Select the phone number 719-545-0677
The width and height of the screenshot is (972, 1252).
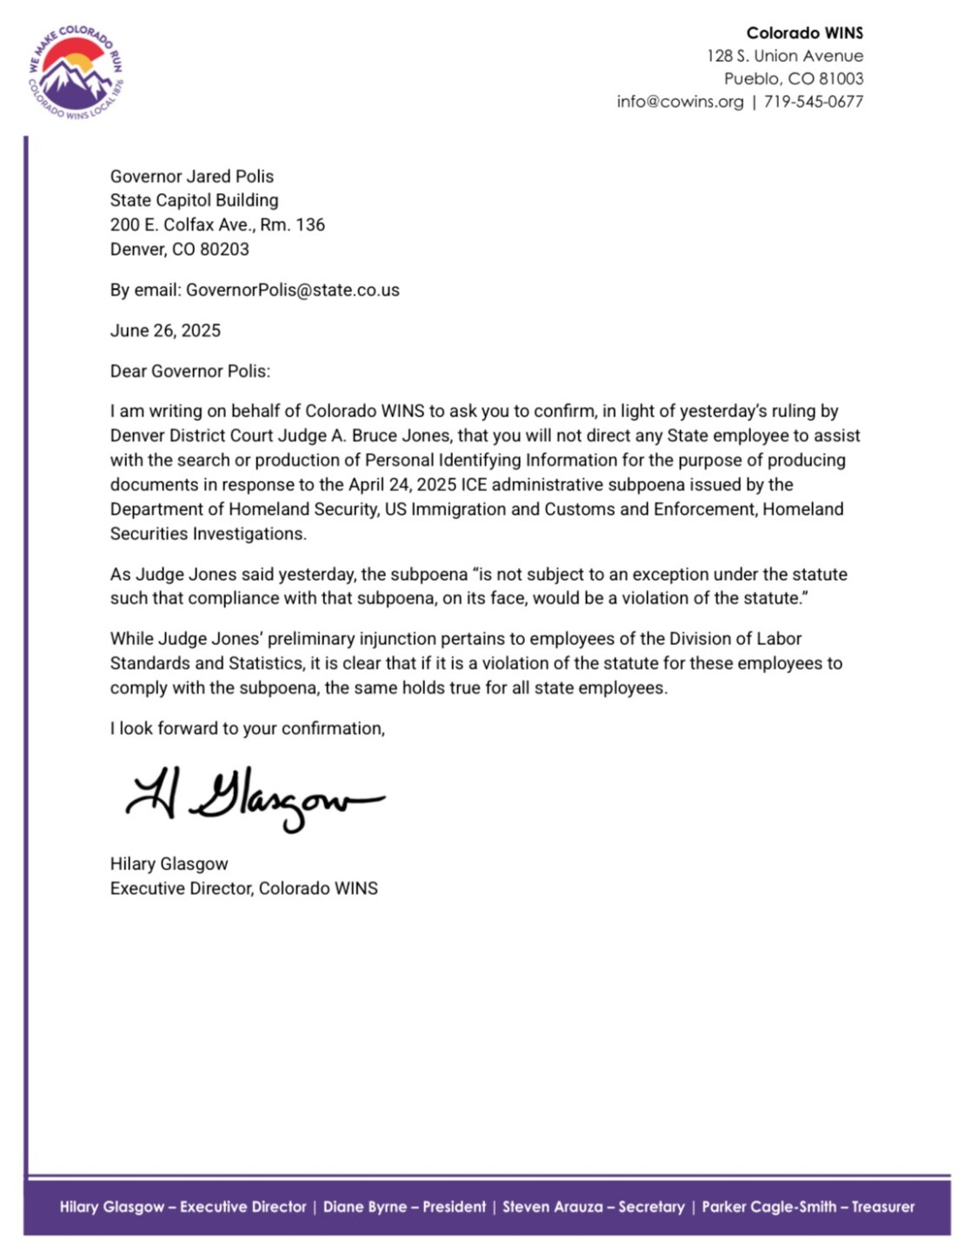pos(813,102)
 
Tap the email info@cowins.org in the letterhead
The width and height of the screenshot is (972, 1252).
pos(680,102)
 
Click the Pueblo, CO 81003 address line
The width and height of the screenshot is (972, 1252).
pos(793,79)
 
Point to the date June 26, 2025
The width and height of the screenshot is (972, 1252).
pos(165,330)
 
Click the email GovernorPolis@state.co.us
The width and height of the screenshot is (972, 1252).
pos(292,290)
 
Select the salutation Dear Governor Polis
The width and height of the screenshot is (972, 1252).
pos(190,371)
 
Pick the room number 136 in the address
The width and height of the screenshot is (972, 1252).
pos(310,225)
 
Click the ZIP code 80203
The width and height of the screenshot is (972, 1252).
pos(224,250)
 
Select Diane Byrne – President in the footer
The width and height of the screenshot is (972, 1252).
pos(404,1207)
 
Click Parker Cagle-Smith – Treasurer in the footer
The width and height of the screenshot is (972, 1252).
pos(808,1207)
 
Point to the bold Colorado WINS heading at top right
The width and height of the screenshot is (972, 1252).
pos(804,33)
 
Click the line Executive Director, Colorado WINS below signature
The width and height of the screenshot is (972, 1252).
pos(243,889)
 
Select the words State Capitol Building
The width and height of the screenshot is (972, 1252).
pos(194,201)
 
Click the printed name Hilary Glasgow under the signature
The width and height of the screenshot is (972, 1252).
pos(169,864)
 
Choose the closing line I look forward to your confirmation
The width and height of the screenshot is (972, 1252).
pos(247,729)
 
